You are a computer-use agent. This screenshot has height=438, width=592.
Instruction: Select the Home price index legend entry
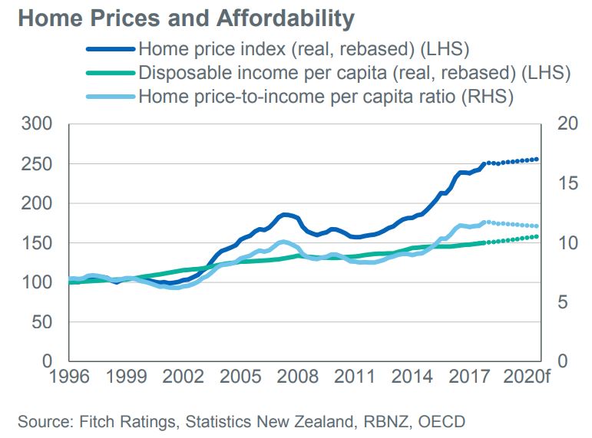pos(303,51)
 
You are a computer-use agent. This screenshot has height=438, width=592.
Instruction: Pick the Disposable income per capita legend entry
pos(353,74)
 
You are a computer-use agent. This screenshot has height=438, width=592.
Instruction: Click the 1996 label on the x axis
pos(69,377)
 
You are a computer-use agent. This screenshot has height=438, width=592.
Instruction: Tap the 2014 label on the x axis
pos(418,377)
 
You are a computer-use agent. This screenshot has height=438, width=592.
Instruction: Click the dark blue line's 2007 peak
pos(286,215)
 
